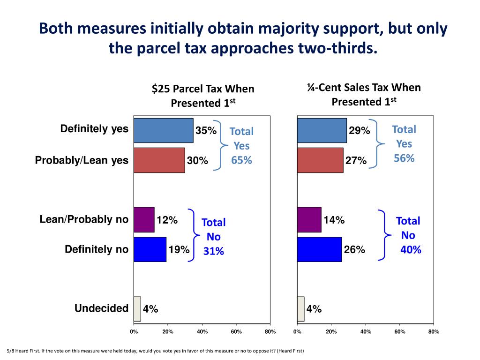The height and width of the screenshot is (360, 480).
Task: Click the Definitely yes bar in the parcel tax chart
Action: [x=163, y=130]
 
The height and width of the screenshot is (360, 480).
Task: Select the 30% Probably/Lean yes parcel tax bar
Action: [x=159, y=160]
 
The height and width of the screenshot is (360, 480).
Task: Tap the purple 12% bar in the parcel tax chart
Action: [x=144, y=220]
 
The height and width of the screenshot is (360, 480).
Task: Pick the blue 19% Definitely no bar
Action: [x=150, y=249]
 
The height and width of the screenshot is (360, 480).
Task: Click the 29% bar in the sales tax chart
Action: [x=322, y=130]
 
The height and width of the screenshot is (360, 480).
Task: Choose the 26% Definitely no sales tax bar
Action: [x=319, y=249]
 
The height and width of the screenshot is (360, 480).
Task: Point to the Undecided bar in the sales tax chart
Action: [x=300, y=309]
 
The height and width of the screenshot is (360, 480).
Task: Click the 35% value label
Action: [x=206, y=131]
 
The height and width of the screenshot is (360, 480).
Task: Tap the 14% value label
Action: [x=334, y=220]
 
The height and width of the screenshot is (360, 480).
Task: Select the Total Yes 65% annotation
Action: [x=241, y=146]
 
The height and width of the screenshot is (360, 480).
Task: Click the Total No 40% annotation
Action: [x=408, y=235]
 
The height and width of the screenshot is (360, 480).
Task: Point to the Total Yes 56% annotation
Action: [x=404, y=144]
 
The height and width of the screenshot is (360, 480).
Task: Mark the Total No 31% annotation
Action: [x=213, y=237]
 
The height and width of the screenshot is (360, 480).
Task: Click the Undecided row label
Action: [x=101, y=308]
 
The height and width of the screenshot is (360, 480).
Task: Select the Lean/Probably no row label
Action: [x=84, y=219]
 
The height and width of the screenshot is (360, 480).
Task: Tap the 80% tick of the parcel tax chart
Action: [x=270, y=332]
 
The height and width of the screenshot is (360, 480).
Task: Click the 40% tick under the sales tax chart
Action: [x=366, y=332]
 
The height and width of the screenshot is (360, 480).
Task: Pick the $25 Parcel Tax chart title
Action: [x=202, y=95]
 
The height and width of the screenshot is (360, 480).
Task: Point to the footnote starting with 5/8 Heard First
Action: [x=155, y=351]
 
